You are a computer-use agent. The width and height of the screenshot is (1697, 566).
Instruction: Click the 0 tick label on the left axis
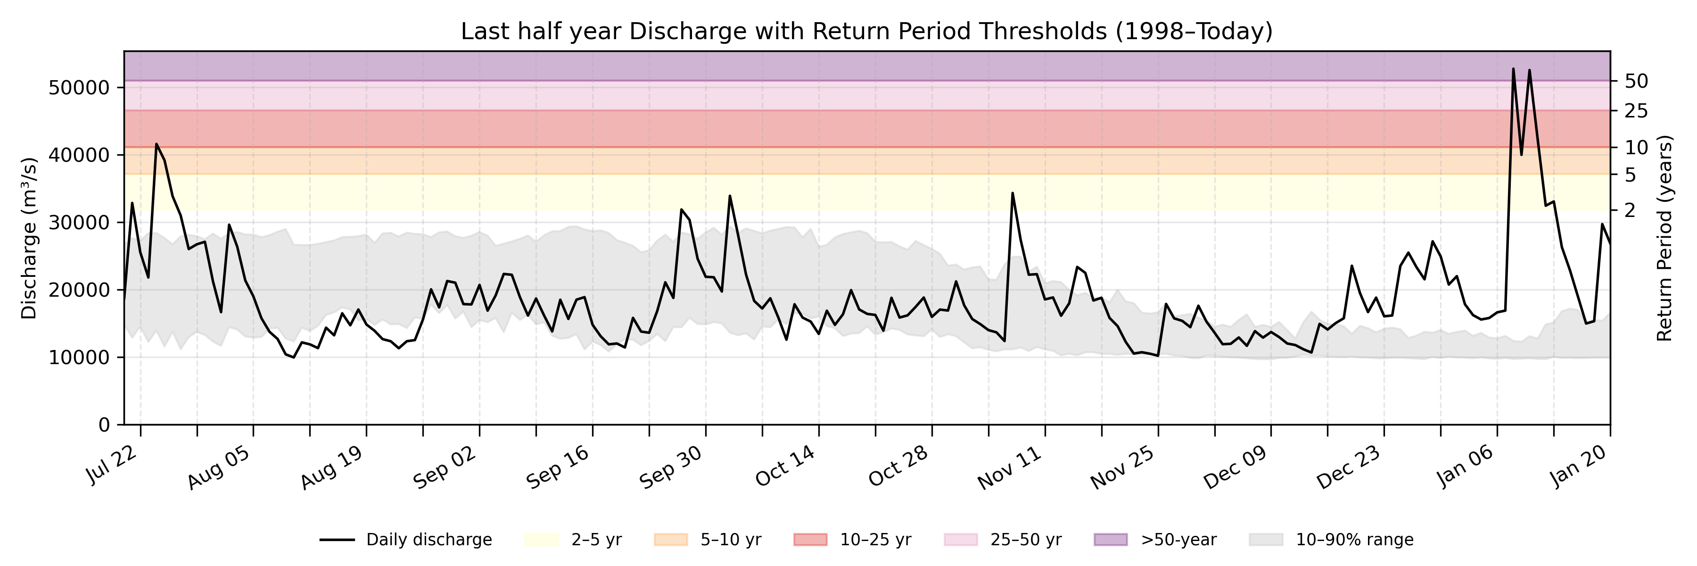click(x=104, y=425)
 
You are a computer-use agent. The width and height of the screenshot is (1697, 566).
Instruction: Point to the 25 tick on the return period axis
click(x=1636, y=111)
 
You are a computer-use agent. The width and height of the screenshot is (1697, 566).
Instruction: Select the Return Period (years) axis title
click(x=1665, y=239)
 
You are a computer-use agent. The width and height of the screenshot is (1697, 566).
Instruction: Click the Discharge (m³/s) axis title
click(x=29, y=239)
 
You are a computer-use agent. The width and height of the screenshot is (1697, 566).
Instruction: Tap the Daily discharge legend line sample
click(x=338, y=540)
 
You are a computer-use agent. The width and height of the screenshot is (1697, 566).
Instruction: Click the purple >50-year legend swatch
click(x=1110, y=540)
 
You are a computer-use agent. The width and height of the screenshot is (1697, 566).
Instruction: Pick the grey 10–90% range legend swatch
click(x=1266, y=540)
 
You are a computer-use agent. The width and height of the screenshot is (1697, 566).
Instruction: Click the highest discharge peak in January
click(x=1513, y=68)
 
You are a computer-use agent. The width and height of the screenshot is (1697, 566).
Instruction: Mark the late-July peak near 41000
click(x=156, y=144)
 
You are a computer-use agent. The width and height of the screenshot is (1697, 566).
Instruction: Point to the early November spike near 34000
click(x=1013, y=193)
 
